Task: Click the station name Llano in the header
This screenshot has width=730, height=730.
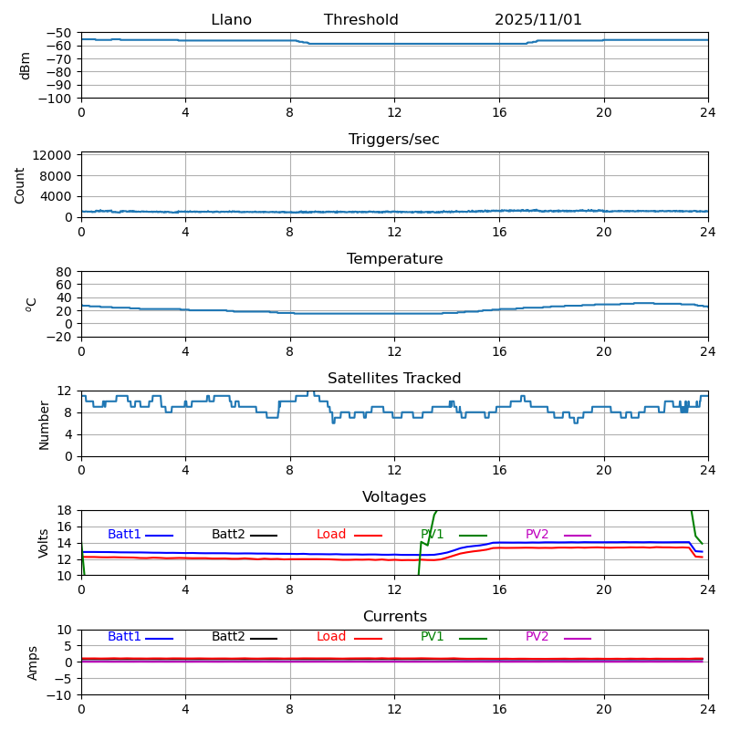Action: pos(231,20)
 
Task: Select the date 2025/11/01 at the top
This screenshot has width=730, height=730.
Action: pos(538,20)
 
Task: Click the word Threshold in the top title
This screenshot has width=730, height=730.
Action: pos(360,20)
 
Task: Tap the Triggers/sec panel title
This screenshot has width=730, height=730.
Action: pos(394,140)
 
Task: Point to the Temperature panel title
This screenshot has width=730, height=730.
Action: pos(394,259)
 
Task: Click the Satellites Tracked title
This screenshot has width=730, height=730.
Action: pos(394,379)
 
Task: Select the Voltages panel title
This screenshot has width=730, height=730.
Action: pos(394,497)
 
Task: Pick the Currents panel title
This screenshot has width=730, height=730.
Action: pos(394,617)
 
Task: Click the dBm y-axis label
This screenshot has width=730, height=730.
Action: pos(26,66)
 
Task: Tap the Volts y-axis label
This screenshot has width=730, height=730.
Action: pos(44,543)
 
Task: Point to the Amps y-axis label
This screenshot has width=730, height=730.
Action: pos(33,662)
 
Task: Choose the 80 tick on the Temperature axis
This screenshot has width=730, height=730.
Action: pos(65,272)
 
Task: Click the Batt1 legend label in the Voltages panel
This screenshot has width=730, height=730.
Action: pos(124,535)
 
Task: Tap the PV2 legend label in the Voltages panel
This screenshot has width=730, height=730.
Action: pos(537,535)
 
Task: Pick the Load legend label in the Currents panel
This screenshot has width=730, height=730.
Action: pos(331,637)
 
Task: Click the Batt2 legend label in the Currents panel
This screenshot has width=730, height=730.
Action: pos(228,637)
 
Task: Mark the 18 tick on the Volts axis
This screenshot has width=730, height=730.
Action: pos(65,510)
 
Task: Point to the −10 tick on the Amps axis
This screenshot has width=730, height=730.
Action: pos(61,695)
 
